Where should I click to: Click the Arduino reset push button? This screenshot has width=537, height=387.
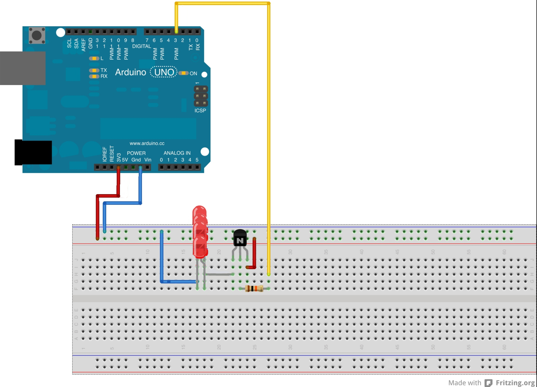point(37,35)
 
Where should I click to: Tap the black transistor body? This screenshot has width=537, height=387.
point(240,238)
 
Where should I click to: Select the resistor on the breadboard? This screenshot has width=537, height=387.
point(254,289)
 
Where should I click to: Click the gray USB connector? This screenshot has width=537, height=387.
point(23,68)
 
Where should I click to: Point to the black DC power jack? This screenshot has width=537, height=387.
point(33,153)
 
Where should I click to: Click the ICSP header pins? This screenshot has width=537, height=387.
point(201,96)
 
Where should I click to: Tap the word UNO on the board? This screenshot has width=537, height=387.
point(164,72)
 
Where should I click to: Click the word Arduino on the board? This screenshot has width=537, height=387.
point(131,72)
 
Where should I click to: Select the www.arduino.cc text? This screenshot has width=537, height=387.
point(147,143)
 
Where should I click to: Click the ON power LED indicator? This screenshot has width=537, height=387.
point(183,73)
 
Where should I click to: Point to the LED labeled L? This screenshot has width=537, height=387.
point(94,58)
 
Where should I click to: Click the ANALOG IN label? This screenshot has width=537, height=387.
point(177,153)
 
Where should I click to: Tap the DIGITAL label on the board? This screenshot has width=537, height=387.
point(141,46)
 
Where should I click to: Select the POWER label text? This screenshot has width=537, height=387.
point(136,153)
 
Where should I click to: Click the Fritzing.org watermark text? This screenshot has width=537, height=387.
point(515,383)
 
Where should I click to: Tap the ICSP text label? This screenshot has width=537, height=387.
point(200,111)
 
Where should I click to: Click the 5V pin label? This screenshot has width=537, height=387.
point(125,160)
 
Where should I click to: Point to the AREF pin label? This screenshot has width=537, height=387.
point(83,45)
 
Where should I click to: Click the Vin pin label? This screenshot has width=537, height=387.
point(148,160)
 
